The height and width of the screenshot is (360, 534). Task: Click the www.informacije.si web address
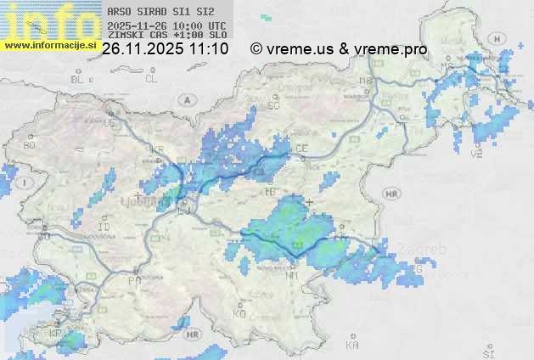click(x=50, y=45)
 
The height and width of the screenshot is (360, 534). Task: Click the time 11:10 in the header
click(x=209, y=49)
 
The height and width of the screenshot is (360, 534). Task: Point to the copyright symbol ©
click(x=256, y=49)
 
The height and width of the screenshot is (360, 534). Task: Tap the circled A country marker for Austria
click(x=185, y=99)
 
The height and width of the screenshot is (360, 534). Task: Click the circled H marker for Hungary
click(x=497, y=39)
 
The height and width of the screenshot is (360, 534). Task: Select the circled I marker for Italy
click(x=26, y=183)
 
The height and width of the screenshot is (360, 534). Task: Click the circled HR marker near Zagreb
click(x=391, y=194)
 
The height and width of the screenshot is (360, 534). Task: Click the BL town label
click(x=79, y=79)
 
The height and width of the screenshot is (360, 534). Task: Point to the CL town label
click(x=152, y=79)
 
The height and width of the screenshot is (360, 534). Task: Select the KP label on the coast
click(x=56, y=333)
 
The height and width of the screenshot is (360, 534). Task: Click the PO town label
click(x=133, y=280)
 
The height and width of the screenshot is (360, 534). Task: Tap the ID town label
click(x=104, y=228)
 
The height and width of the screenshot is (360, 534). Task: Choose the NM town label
click(x=292, y=275)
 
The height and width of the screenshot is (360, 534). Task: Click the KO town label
click(x=239, y=313)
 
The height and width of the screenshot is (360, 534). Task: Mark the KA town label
click(x=353, y=345)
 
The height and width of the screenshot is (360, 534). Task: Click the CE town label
click(x=301, y=149)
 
